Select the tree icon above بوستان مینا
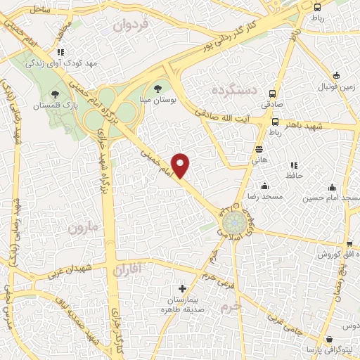click(158, 89)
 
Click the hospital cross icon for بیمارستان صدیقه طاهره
click(183, 288)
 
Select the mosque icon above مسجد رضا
click(264, 186)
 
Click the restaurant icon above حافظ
click(294, 165)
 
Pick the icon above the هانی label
click(259, 148)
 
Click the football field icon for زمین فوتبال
click(336, 76)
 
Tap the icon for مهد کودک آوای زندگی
click(61, 52)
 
